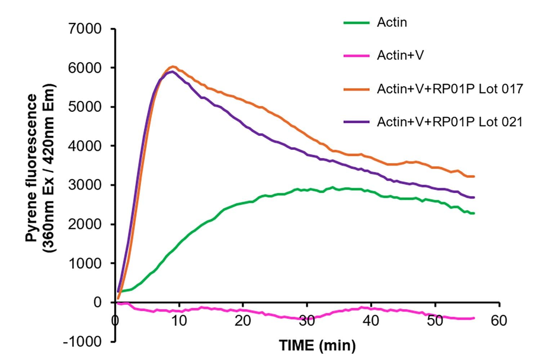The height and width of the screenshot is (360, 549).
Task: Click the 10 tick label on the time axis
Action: pos(179,320)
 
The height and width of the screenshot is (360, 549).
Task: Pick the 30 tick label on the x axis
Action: pos(307,320)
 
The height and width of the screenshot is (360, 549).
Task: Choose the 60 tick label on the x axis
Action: pos(499,320)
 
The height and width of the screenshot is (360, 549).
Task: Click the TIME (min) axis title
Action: pos(317,346)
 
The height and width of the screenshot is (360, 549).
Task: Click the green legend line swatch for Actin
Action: pos(356,23)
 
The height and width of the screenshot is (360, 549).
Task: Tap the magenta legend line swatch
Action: pos(356,56)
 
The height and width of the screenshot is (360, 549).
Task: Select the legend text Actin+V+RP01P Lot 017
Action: pos(450,89)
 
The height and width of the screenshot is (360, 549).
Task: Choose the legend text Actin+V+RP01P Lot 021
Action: pos(450,122)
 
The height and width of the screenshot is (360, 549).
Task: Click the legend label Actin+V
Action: pos(400,56)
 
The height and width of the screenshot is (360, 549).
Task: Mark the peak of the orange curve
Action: pos(173,66)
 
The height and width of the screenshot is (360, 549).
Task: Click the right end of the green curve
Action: pos(474,213)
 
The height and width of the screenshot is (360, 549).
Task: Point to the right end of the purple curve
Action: pos(474,197)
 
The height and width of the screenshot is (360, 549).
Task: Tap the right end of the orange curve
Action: pos(474,176)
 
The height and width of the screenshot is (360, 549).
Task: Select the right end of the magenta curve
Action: pos(474,318)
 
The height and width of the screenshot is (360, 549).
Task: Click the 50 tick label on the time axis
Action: pos(435,320)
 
